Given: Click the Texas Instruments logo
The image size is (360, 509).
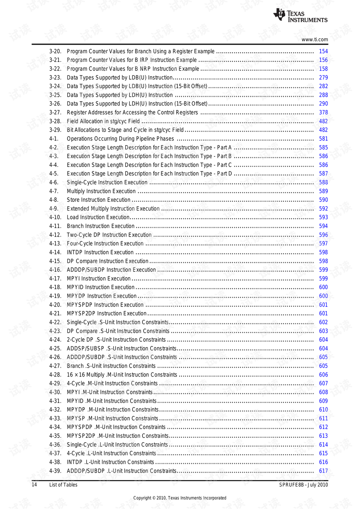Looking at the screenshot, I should [300, 15].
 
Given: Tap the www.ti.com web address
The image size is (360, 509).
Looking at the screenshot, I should [315, 39].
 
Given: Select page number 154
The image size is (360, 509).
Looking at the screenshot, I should [323, 51].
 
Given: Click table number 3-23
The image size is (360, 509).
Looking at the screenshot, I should [55, 78].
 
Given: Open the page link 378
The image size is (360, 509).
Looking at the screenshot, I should [323, 113].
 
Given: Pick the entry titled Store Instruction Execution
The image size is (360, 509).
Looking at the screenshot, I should [99, 200].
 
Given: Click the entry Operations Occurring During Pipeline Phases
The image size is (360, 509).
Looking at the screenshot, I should [120, 139].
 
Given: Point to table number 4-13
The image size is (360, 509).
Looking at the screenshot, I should [55, 243].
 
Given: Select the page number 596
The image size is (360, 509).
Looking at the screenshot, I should [323, 235].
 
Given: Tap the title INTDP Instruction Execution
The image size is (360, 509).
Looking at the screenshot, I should [100, 252].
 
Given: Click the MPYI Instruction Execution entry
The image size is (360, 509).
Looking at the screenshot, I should [99, 278].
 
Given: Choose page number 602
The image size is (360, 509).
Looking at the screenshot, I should [323, 322].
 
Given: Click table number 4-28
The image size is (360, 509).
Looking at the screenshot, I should [55, 375].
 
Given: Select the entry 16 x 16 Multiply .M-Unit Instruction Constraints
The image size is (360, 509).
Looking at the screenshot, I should [122, 375].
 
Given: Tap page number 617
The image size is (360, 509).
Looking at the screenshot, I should [323, 471].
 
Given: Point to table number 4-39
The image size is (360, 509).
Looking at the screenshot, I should [55, 471].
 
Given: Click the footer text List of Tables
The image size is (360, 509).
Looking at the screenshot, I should [63, 485].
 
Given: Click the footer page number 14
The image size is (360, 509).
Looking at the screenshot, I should [34, 485].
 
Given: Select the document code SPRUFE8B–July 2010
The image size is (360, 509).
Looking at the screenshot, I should [303, 485].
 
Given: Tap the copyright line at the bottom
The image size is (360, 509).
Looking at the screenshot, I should [180, 498].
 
